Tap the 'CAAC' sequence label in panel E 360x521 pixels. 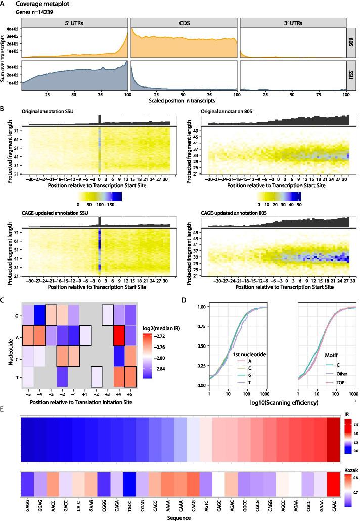333,508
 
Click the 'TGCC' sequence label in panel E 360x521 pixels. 145,508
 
